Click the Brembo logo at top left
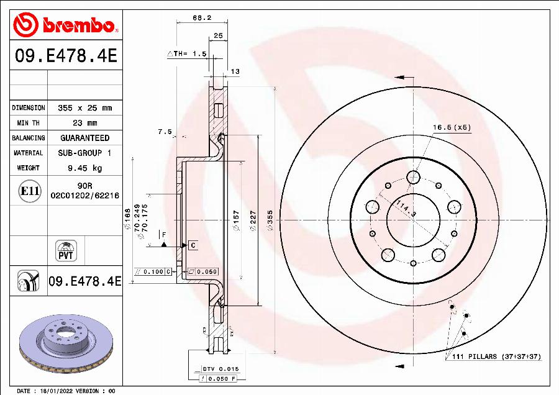[x=65, y=25]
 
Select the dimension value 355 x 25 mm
[x=84, y=108]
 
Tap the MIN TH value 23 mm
[x=84, y=123]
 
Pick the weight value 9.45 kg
[x=84, y=168]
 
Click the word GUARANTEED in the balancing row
[x=84, y=138]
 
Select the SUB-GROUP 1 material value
[x=84, y=153]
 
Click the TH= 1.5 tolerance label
[x=187, y=54]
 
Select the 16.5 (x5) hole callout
[x=452, y=127]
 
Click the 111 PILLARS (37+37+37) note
[x=493, y=356]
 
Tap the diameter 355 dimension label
[x=270, y=220]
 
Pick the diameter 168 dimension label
[x=128, y=218]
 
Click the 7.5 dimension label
[x=165, y=131]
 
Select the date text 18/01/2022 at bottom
[x=53, y=391]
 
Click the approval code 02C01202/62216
[x=84, y=194]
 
